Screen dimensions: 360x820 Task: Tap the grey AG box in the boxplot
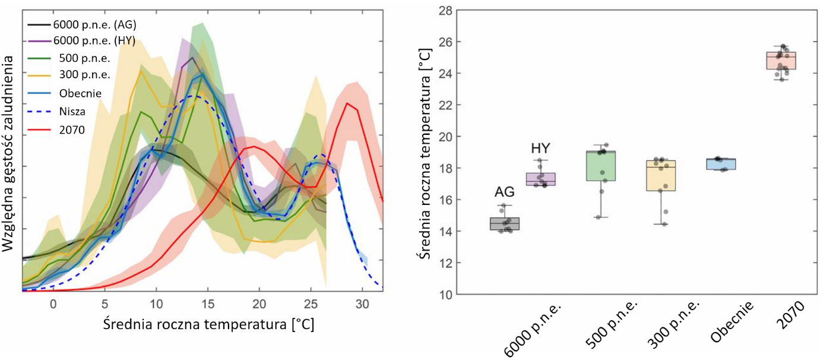point(504,223)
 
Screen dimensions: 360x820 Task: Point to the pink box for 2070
point(781,61)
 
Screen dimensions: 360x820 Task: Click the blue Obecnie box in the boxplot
point(721,164)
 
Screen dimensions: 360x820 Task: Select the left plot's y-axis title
point(10,152)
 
